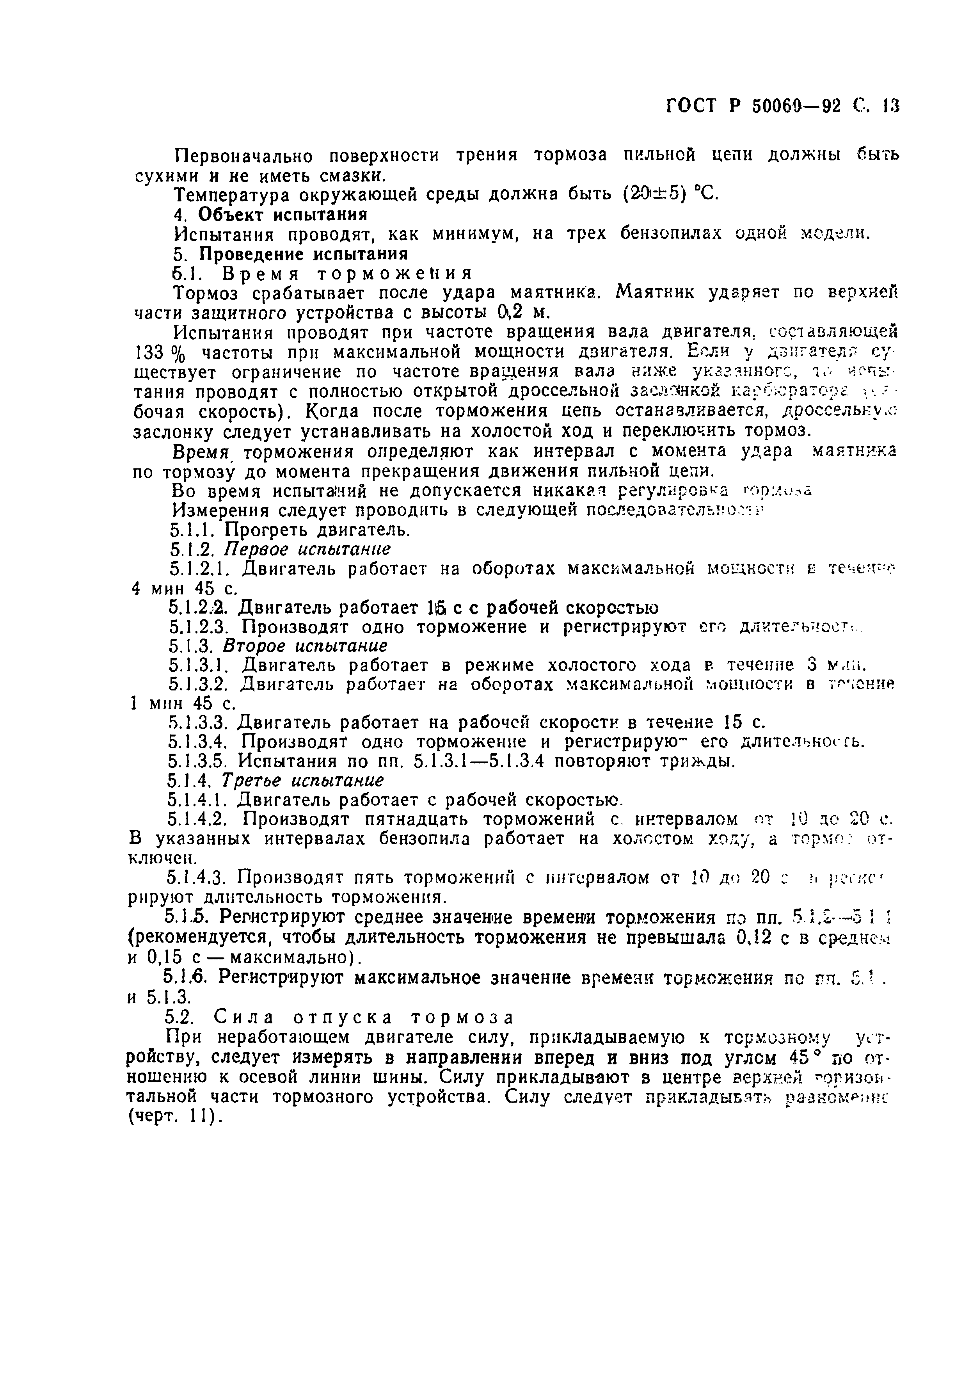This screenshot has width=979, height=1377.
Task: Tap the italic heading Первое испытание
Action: (307, 549)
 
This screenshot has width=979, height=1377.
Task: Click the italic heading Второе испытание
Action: (305, 646)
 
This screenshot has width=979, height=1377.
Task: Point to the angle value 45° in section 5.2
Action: (805, 1057)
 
